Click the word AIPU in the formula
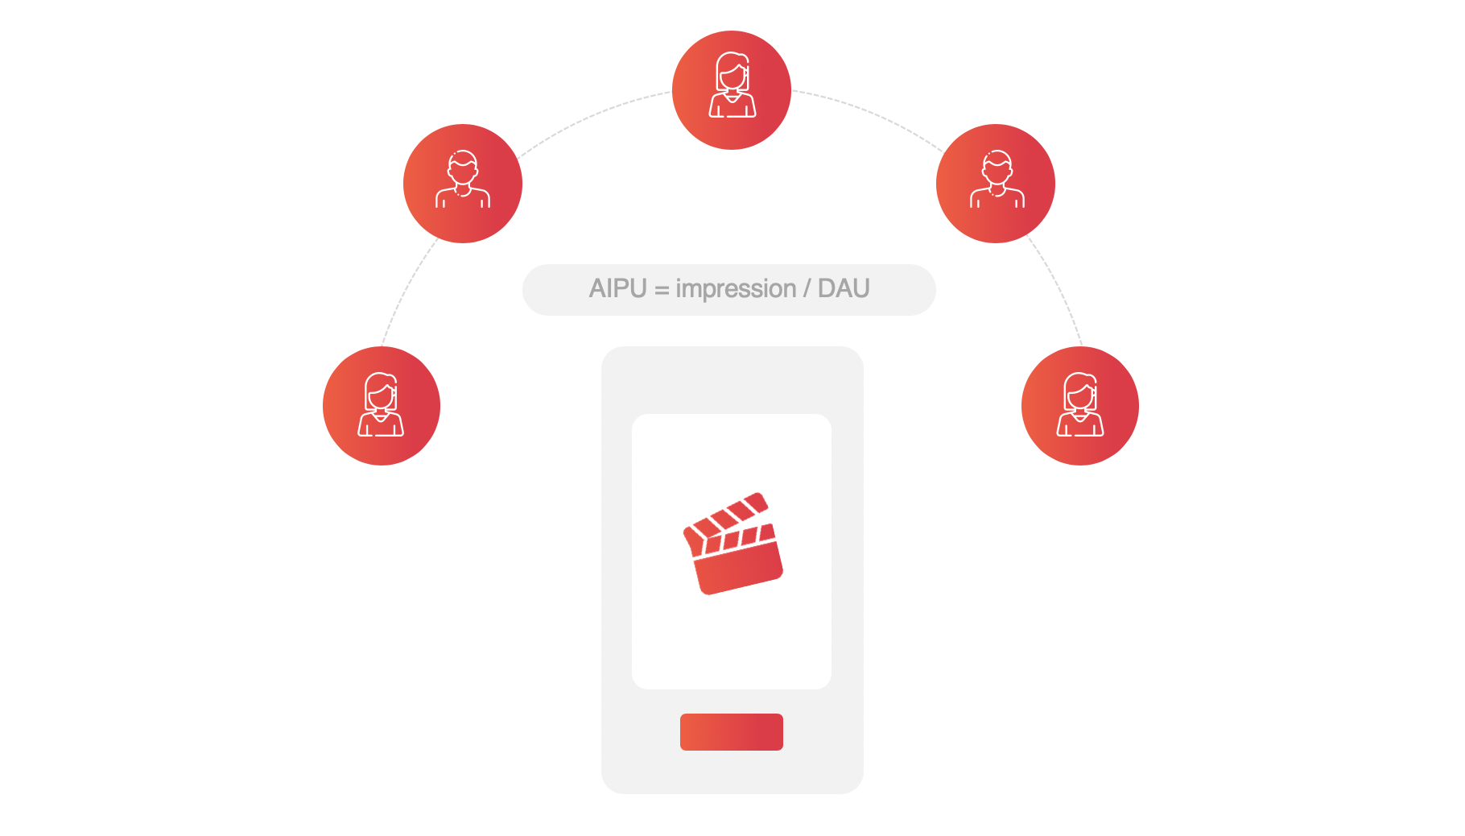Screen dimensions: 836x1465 click(x=617, y=288)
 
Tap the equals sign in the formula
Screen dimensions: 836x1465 click(x=662, y=290)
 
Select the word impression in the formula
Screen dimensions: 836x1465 click(x=736, y=288)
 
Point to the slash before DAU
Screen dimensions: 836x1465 click(x=807, y=288)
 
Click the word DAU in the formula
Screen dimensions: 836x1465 click(x=844, y=288)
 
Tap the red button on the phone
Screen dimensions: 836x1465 click(x=731, y=732)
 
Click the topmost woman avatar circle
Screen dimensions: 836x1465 click(x=731, y=90)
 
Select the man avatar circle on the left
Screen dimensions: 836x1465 click(x=463, y=184)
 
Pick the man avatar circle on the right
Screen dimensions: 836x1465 click(x=996, y=184)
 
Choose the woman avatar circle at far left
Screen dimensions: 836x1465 click(x=382, y=406)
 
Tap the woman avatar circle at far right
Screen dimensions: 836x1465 click(x=1080, y=406)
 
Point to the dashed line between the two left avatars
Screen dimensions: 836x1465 click(x=407, y=290)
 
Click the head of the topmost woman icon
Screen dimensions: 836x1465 click(x=732, y=73)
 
